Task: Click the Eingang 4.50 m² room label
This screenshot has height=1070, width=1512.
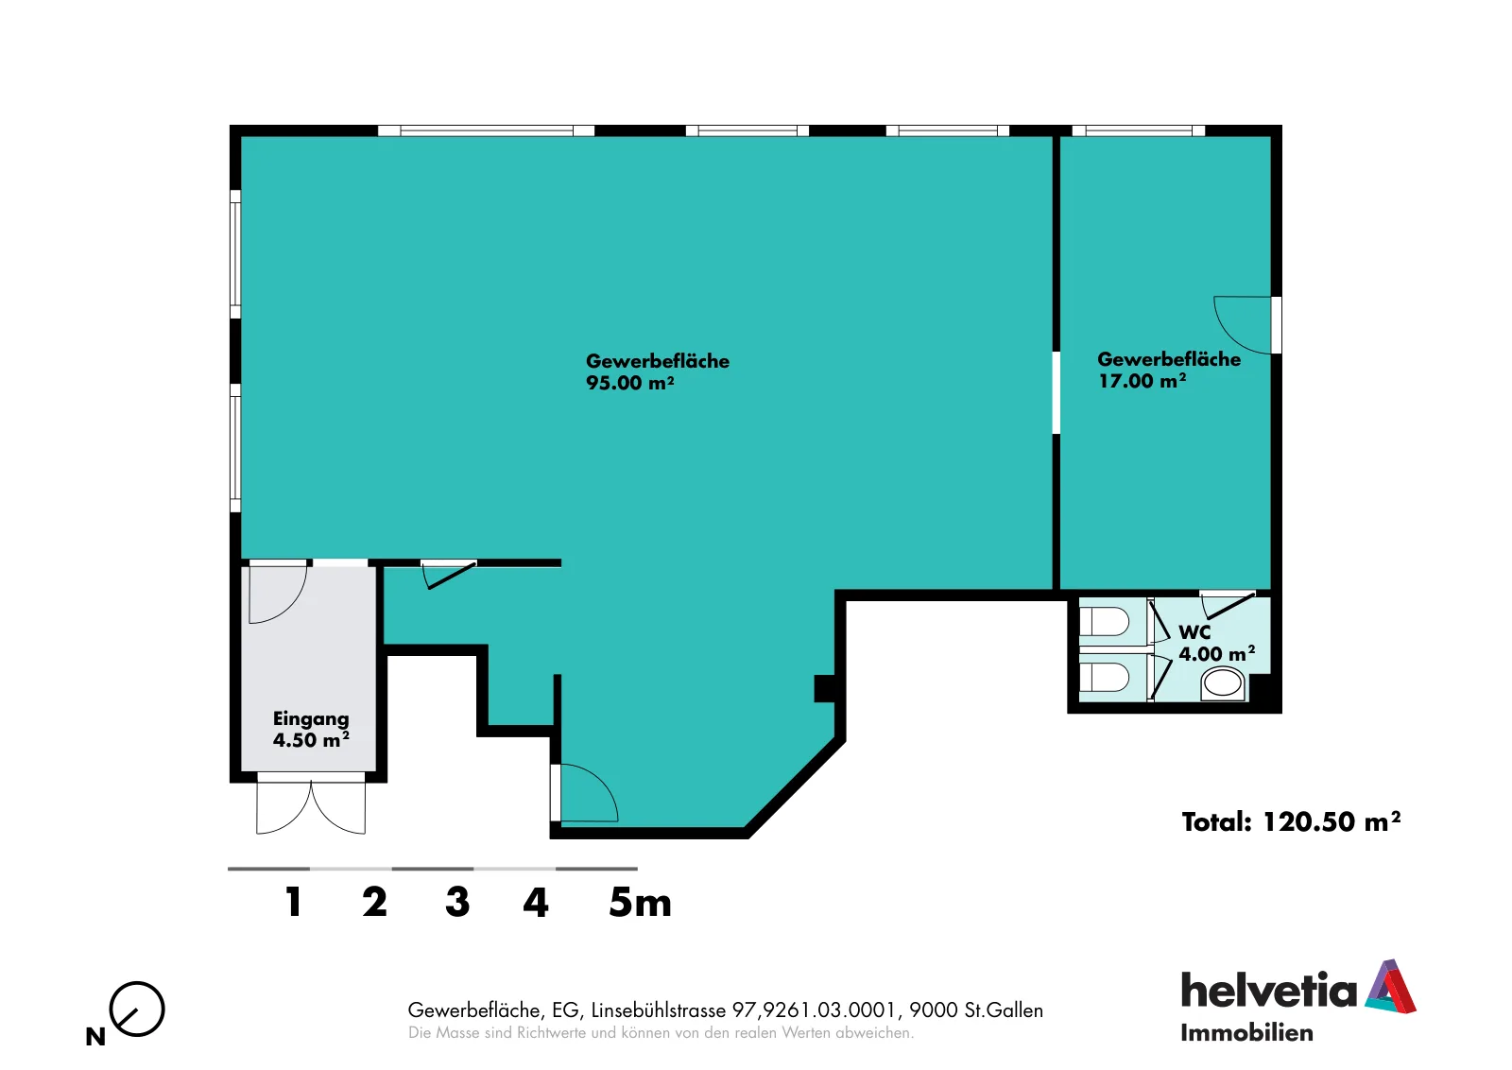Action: tap(311, 729)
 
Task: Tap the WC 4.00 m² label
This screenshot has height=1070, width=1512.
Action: tap(1217, 643)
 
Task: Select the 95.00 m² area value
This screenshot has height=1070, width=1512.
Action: tap(629, 383)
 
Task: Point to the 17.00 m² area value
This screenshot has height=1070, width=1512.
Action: tap(1143, 381)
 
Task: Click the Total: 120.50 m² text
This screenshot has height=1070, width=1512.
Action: tap(1291, 821)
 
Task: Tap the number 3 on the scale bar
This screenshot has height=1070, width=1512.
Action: tap(457, 902)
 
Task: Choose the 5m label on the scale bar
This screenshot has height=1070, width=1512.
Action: tap(640, 902)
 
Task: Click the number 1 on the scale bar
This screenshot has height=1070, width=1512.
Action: tap(294, 902)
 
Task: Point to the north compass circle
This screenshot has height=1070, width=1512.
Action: tap(137, 1009)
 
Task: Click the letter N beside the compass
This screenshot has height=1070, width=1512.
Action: tap(95, 1036)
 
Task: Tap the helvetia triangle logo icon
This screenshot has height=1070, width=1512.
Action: tap(1390, 986)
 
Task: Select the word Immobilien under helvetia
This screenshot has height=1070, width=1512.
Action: tap(1246, 1033)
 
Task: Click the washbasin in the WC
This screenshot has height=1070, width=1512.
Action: tap(1223, 683)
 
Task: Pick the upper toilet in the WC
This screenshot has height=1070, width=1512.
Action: tap(1105, 622)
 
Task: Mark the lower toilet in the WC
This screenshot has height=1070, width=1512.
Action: tap(1105, 677)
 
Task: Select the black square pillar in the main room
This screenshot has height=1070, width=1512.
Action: tap(825, 688)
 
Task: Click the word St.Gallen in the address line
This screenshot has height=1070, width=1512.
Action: tap(1004, 1010)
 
